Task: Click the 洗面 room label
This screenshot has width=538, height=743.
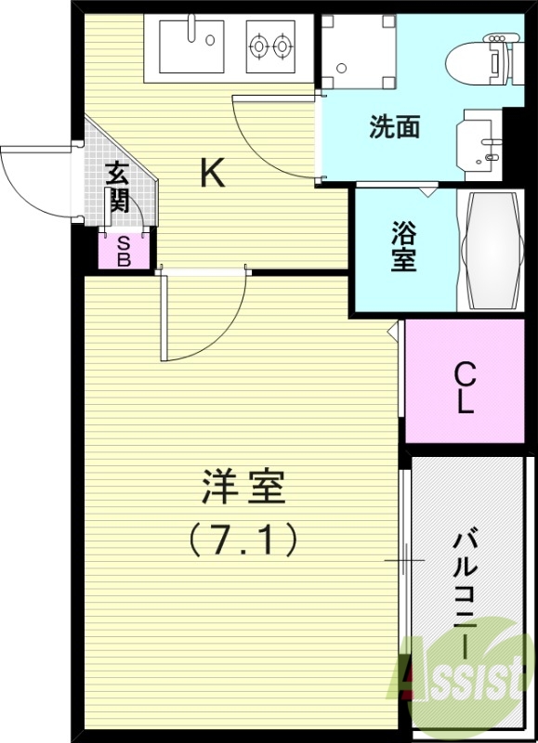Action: coord(394,127)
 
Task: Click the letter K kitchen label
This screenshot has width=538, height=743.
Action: coord(213,174)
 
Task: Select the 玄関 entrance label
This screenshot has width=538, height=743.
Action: coord(117,187)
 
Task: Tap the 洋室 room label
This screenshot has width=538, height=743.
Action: coord(243,488)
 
